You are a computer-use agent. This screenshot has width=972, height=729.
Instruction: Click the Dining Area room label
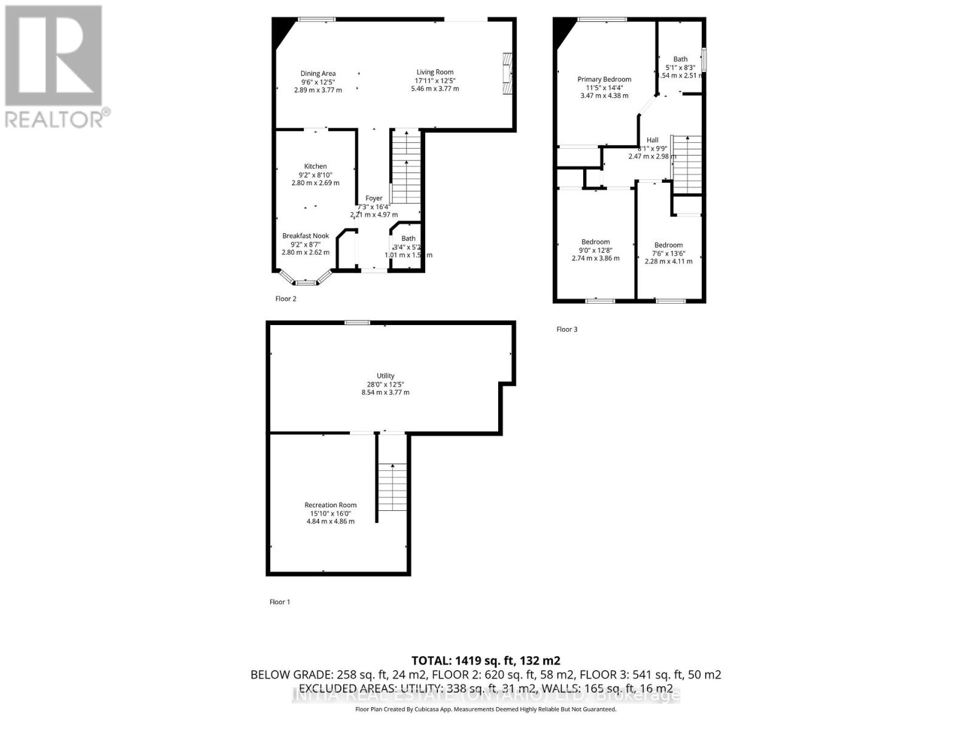click(318, 74)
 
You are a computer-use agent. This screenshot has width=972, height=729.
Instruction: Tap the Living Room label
click(434, 72)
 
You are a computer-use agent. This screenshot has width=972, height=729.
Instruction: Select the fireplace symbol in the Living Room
click(507, 74)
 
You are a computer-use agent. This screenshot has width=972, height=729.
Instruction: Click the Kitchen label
click(315, 166)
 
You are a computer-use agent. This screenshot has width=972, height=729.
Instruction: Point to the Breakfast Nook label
click(306, 236)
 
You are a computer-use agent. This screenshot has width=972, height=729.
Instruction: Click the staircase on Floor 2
click(405, 167)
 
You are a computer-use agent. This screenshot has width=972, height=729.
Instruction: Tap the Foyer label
click(374, 198)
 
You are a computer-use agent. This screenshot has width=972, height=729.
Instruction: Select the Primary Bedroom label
click(604, 80)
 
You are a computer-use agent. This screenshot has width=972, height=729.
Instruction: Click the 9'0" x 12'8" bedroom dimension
click(595, 250)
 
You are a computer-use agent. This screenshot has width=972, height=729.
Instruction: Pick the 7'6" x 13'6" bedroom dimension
click(668, 253)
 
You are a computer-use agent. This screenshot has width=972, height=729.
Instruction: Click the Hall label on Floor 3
click(652, 140)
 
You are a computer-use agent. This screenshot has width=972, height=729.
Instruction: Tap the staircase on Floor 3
click(687, 164)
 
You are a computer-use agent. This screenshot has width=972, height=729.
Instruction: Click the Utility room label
click(385, 376)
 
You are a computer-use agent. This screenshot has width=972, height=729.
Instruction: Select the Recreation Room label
click(330, 505)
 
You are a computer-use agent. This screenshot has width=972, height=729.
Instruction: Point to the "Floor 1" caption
click(279, 602)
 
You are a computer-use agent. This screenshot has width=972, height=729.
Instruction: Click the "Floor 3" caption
click(567, 329)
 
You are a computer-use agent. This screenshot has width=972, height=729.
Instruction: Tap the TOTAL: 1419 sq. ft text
click(485, 660)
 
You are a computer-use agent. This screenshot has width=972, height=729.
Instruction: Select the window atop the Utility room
click(357, 323)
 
